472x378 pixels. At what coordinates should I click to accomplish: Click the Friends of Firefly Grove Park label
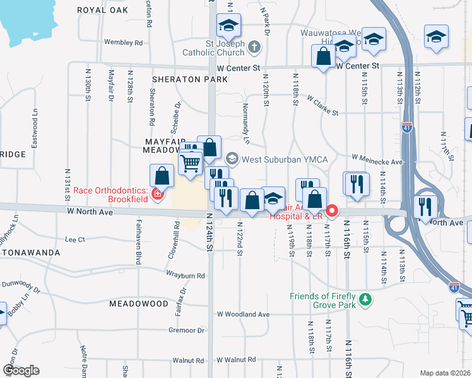pos(323,300)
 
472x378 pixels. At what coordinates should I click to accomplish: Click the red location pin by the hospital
pos(331,210)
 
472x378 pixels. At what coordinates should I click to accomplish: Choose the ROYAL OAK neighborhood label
pos(102,10)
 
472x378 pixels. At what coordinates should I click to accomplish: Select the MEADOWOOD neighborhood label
pos(138,304)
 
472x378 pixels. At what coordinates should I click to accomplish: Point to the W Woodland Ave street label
pos(243,314)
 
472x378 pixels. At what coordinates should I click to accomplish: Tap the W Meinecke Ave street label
pos(377,161)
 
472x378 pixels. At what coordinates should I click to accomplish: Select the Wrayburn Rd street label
pos(186,275)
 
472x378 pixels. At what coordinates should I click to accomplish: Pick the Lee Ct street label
pos(74,239)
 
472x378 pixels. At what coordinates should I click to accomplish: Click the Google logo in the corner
pos(21,370)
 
